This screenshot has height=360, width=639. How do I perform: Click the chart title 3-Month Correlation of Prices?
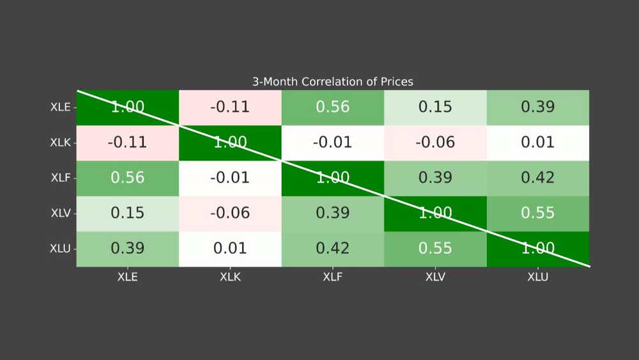coord(332,82)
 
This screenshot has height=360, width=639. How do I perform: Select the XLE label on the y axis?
coord(61,107)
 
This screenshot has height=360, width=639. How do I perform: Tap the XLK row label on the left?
coord(61,143)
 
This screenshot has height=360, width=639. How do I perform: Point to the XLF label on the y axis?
coord(61,178)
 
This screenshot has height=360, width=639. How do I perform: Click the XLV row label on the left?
coord(61,213)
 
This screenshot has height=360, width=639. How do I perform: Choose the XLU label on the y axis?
coord(61,249)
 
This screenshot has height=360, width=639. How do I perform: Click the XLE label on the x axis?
coord(128,278)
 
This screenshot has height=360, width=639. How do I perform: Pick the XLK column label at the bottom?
coord(230,278)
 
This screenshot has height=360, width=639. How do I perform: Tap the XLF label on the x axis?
coord(332,278)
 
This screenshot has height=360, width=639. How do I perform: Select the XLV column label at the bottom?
coord(435,278)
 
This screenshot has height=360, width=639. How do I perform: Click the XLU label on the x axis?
coord(537,278)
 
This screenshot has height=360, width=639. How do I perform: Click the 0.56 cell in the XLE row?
coord(332,107)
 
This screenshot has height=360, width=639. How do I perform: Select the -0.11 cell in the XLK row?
coord(128,143)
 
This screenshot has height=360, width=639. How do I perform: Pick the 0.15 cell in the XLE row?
coord(435,107)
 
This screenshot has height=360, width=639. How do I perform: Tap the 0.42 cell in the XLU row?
coord(332,249)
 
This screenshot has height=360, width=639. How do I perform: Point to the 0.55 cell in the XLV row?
coord(537,213)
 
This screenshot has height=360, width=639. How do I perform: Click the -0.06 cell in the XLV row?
coord(230,213)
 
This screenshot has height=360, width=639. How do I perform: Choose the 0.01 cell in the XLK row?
coord(537,143)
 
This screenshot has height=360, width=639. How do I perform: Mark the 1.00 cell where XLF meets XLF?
coord(332,178)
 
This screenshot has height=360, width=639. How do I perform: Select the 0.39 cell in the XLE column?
coord(128,249)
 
